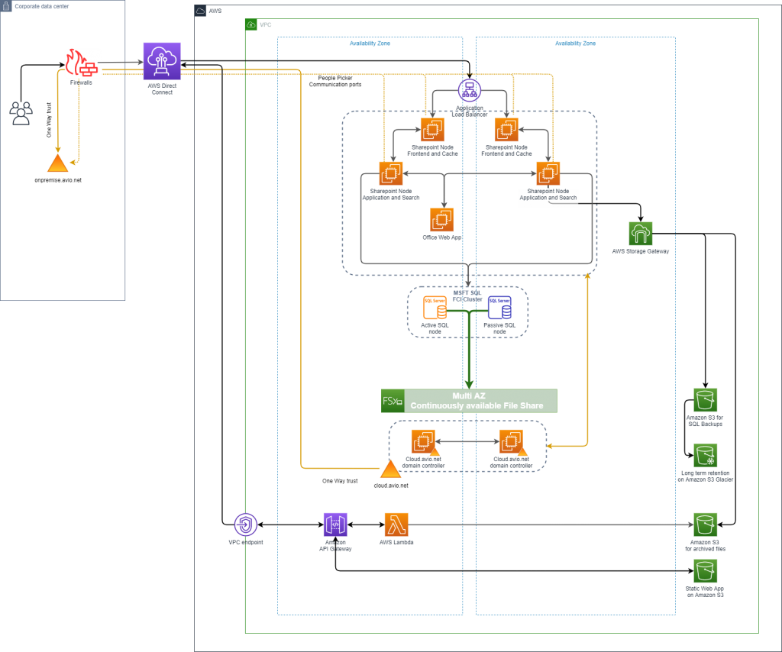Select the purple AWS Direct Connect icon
pyautogui.click(x=162, y=61)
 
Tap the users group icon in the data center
pyautogui.click(x=21, y=114)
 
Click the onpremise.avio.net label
pyautogui.click(x=58, y=180)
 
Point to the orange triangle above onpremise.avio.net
pyautogui.click(x=57, y=163)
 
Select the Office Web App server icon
pyautogui.click(x=441, y=220)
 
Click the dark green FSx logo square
pyautogui.click(x=392, y=401)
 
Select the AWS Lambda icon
pyautogui.click(x=396, y=525)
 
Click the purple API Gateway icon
pyautogui.click(x=335, y=525)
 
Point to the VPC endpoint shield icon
pyautogui.click(x=245, y=525)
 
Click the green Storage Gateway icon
pyautogui.click(x=641, y=234)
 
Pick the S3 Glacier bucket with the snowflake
pyautogui.click(x=705, y=456)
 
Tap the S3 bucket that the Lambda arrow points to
pyautogui.click(x=705, y=525)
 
